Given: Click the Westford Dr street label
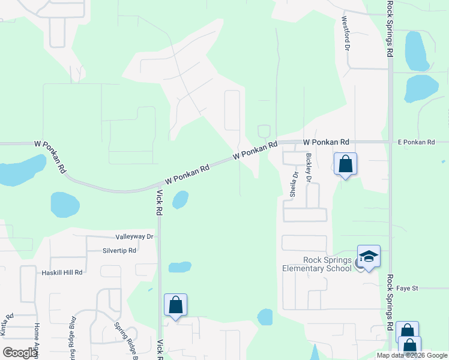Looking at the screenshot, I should click(346, 34).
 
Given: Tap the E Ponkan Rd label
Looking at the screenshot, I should click(415, 142).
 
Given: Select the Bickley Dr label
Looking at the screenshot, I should click(309, 167).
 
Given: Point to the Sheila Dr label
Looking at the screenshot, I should click(294, 185).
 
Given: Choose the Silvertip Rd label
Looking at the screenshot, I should click(119, 250).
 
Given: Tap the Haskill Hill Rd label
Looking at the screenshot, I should click(62, 272).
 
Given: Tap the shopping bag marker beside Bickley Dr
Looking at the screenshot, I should click(345, 164).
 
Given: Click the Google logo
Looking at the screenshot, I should click(20, 353).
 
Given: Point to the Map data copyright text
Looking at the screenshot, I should click(412, 355).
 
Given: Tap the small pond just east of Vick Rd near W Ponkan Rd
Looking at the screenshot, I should click(180, 199).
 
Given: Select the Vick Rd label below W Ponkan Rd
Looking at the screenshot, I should click(160, 203).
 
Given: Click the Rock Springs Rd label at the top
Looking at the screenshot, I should click(390, 29).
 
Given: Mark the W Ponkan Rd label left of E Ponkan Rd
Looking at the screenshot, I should click(326, 142).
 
